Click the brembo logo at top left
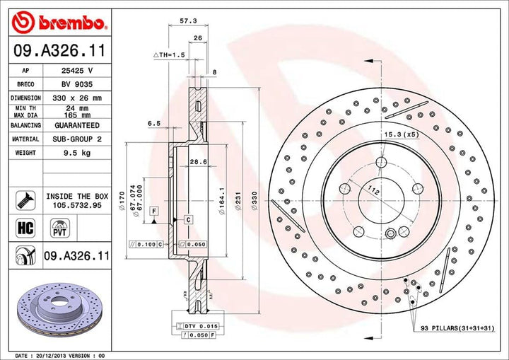(x=58, y=23)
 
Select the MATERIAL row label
(x=25, y=139)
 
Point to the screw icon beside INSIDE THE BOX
(x=25, y=199)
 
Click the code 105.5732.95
(x=77, y=204)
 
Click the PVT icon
(x=59, y=227)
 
